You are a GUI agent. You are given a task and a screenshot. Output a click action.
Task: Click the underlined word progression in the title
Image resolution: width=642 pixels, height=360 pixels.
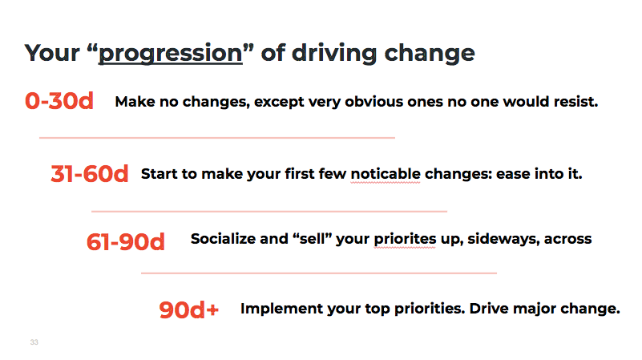click(171, 54)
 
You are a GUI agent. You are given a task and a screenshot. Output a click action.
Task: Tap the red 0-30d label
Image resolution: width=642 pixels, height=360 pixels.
click(59, 101)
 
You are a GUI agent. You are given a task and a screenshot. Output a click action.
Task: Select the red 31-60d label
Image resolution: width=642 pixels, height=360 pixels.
click(89, 174)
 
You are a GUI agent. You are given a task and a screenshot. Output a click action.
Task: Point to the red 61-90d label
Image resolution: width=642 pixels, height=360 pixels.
click(126, 241)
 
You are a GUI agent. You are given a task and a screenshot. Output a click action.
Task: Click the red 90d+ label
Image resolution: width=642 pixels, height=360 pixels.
click(188, 309)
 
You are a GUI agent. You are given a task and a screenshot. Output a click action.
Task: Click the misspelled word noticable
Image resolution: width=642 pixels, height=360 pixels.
click(386, 174)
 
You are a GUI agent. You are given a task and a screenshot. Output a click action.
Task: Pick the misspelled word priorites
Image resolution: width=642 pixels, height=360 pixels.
click(405, 239)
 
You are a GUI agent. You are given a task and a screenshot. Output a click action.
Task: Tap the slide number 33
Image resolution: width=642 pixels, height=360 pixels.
click(34, 342)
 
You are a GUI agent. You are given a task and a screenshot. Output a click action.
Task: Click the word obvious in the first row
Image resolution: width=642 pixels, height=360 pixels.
click(373, 101)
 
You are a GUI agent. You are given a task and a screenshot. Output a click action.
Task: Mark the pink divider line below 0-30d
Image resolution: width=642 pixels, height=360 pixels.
click(217, 138)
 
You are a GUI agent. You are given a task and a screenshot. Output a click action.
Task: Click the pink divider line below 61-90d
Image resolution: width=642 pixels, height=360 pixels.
click(319, 273)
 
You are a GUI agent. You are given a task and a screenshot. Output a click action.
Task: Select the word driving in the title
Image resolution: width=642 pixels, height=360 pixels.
click(334, 54)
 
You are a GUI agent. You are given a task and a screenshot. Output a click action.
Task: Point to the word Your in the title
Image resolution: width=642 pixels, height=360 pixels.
click(52, 53)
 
